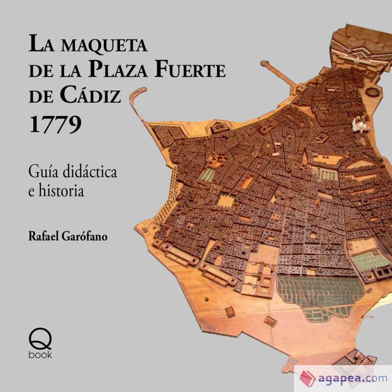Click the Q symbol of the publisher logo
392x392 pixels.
click(x=41, y=337)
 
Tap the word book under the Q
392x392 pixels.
click(x=41, y=354)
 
